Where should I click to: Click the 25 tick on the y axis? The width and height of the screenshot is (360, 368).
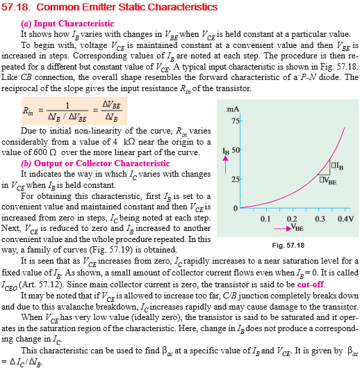[x=236, y=179]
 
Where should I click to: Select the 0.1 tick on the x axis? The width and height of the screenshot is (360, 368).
[x=265, y=219]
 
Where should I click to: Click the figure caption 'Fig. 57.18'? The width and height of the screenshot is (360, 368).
[x=288, y=246]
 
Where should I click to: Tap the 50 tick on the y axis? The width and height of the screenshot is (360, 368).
[x=236, y=150]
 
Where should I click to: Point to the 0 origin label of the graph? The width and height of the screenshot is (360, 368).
[x=236, y=209]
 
